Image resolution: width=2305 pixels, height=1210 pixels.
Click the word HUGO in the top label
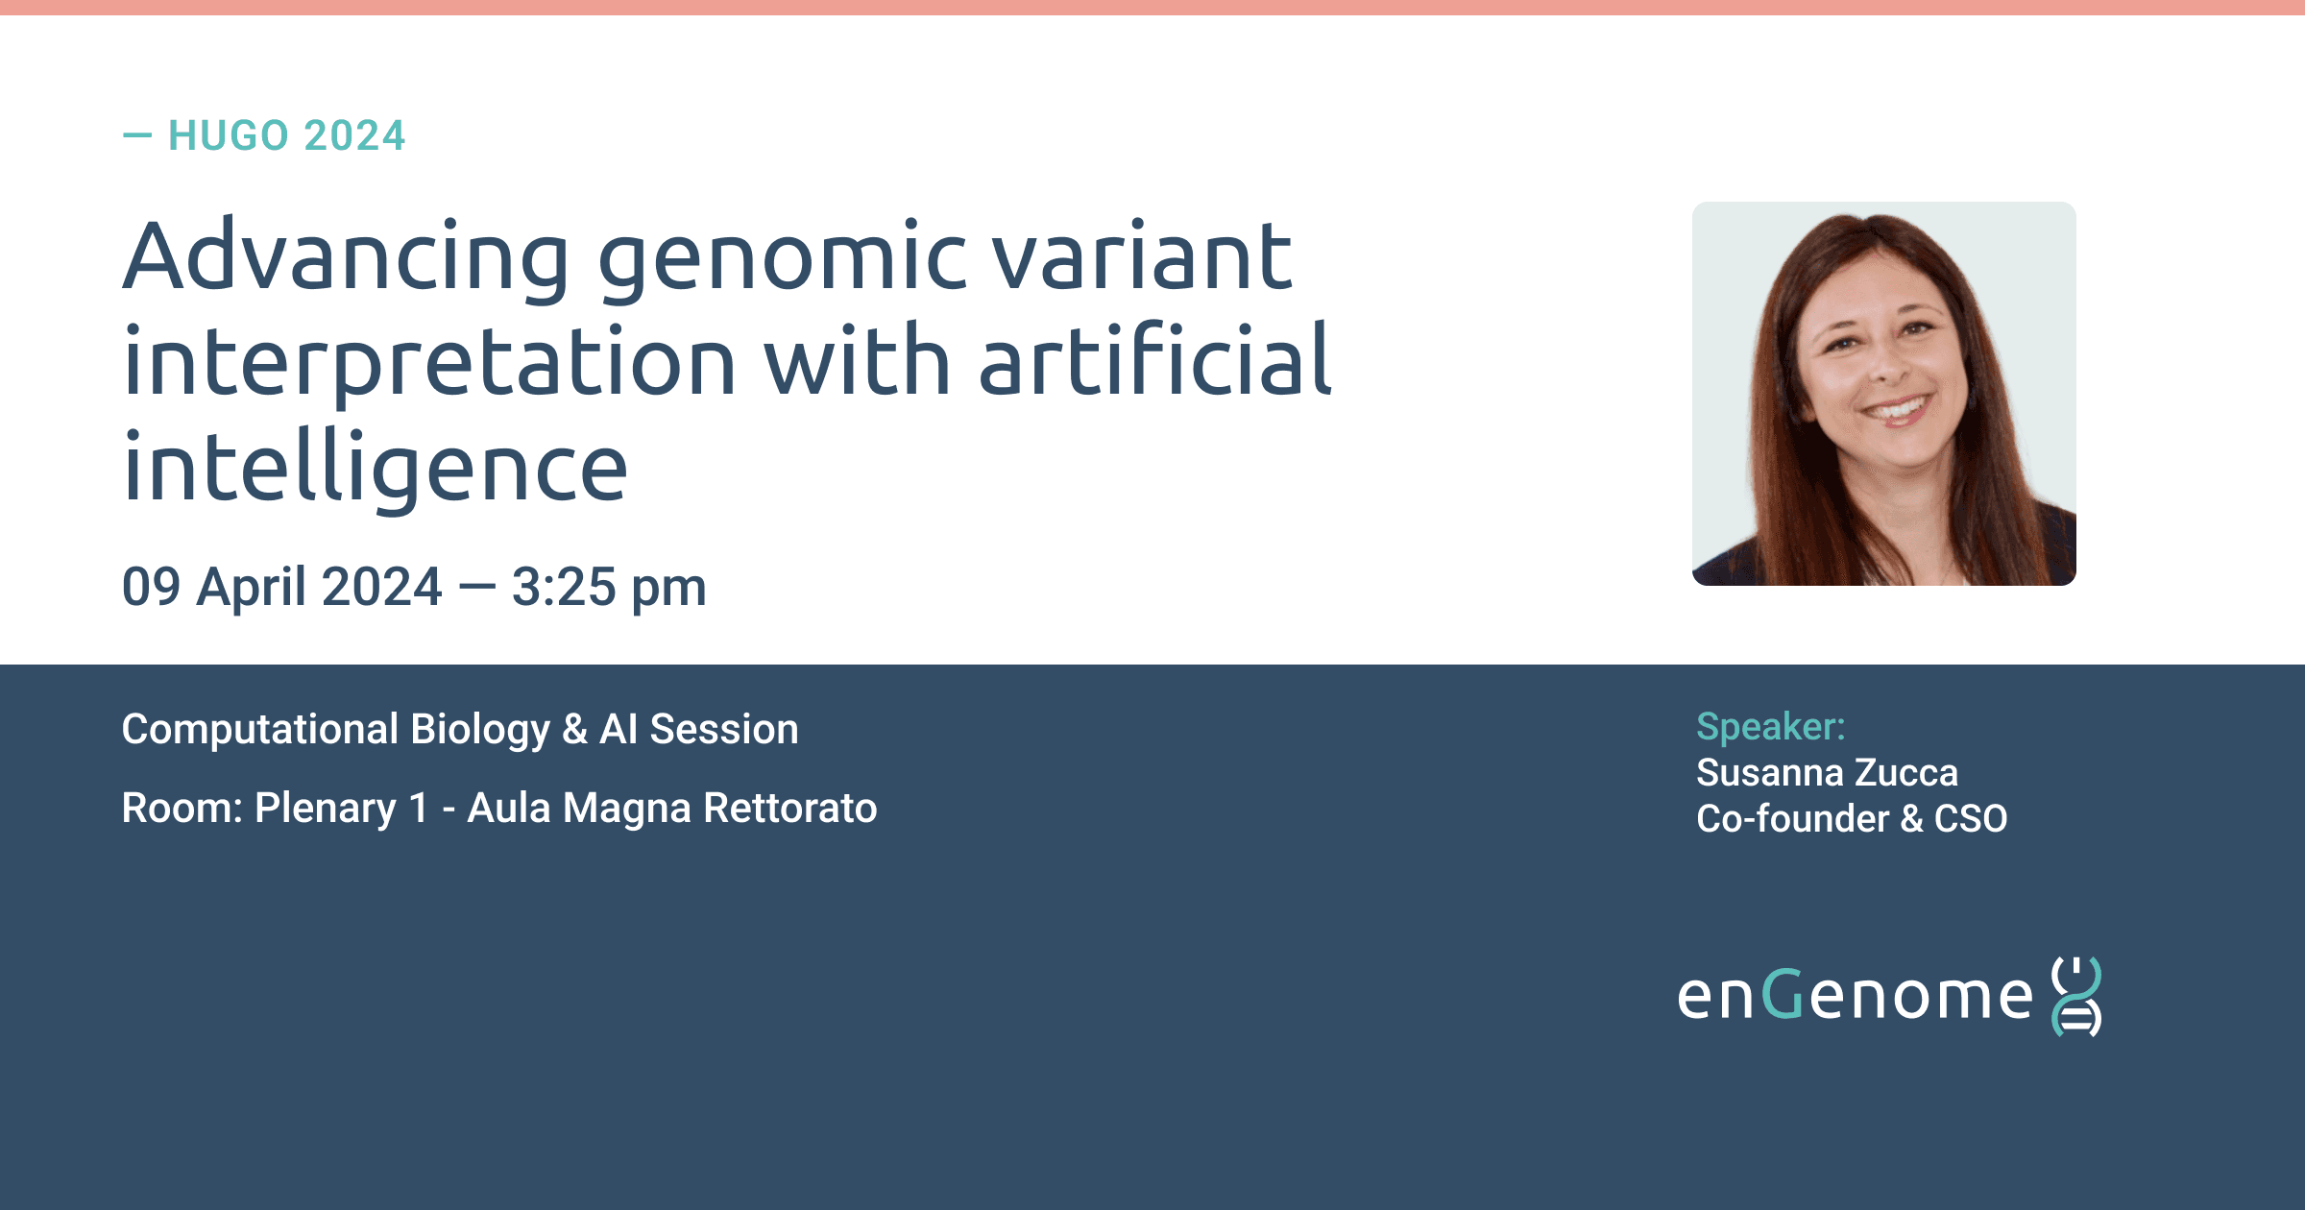click(229, 135)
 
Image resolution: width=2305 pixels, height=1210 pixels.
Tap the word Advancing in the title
click(347, 255)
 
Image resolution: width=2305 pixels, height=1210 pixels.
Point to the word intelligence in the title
click(376, 468)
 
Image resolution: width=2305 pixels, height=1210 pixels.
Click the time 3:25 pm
click(609, 587)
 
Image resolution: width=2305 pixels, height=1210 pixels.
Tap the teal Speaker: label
click(1771, 727)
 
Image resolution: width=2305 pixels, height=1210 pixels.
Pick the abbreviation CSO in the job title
click(1971, 818)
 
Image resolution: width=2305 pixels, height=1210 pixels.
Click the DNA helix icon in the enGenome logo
click(2076, 997)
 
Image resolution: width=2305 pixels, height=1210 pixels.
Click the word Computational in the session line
click(259, 729)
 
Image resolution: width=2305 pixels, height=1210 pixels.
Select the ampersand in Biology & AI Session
click(574, 729)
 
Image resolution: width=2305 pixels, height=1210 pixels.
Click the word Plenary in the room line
click(326, 809)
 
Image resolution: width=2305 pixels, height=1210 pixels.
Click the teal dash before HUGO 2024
click(137, 136)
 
